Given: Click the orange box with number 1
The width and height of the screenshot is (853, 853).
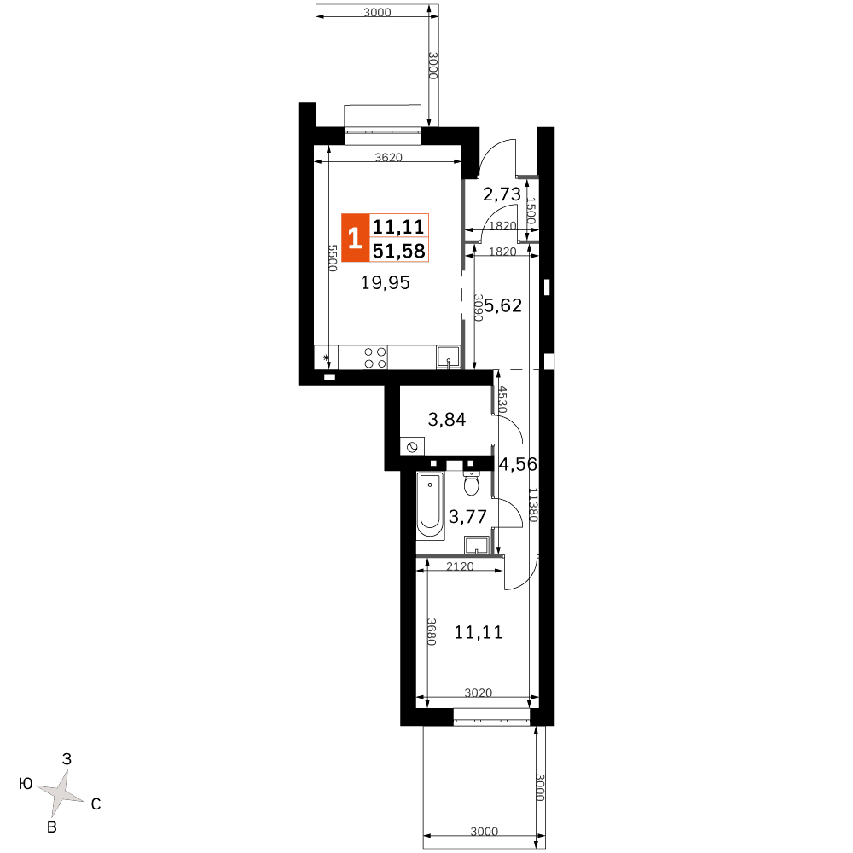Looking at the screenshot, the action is pos(355,238).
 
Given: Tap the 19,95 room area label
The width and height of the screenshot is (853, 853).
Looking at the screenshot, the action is pos(386,283).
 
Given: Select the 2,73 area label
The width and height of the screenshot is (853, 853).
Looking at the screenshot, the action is pos(502,194).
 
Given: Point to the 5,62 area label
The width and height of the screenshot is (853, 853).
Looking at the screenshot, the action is pos(503,305).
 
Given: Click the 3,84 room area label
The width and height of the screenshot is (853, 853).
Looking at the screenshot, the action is pos(447,420).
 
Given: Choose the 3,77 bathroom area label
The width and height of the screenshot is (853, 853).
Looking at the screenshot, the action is pos(467,516).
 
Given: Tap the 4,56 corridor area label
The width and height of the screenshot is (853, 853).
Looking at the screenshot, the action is pos(518,464).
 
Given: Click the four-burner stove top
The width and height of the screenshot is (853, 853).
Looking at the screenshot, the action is pos(375,358).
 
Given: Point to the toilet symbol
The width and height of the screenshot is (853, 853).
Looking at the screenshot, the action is pos(471,481).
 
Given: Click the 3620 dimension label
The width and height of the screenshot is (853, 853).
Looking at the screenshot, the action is pos(388,157).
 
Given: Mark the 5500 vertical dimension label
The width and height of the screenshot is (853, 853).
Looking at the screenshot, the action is pos(333,258).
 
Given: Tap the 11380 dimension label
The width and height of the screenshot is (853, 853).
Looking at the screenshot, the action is pos(533,505).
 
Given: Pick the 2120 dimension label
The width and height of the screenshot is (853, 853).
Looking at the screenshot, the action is pos(460,566).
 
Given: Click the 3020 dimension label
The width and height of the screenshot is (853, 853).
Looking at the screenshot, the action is pos(479,693).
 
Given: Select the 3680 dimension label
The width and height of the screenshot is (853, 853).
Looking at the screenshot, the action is pos(432,631).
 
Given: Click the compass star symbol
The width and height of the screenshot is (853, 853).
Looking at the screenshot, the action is pos(61,793).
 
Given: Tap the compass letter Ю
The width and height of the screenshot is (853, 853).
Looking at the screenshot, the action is pos(26,784).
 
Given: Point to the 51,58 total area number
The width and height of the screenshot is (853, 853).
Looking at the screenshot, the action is pos(398,251).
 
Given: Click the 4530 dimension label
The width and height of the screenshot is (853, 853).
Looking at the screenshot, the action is pos(502,399).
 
